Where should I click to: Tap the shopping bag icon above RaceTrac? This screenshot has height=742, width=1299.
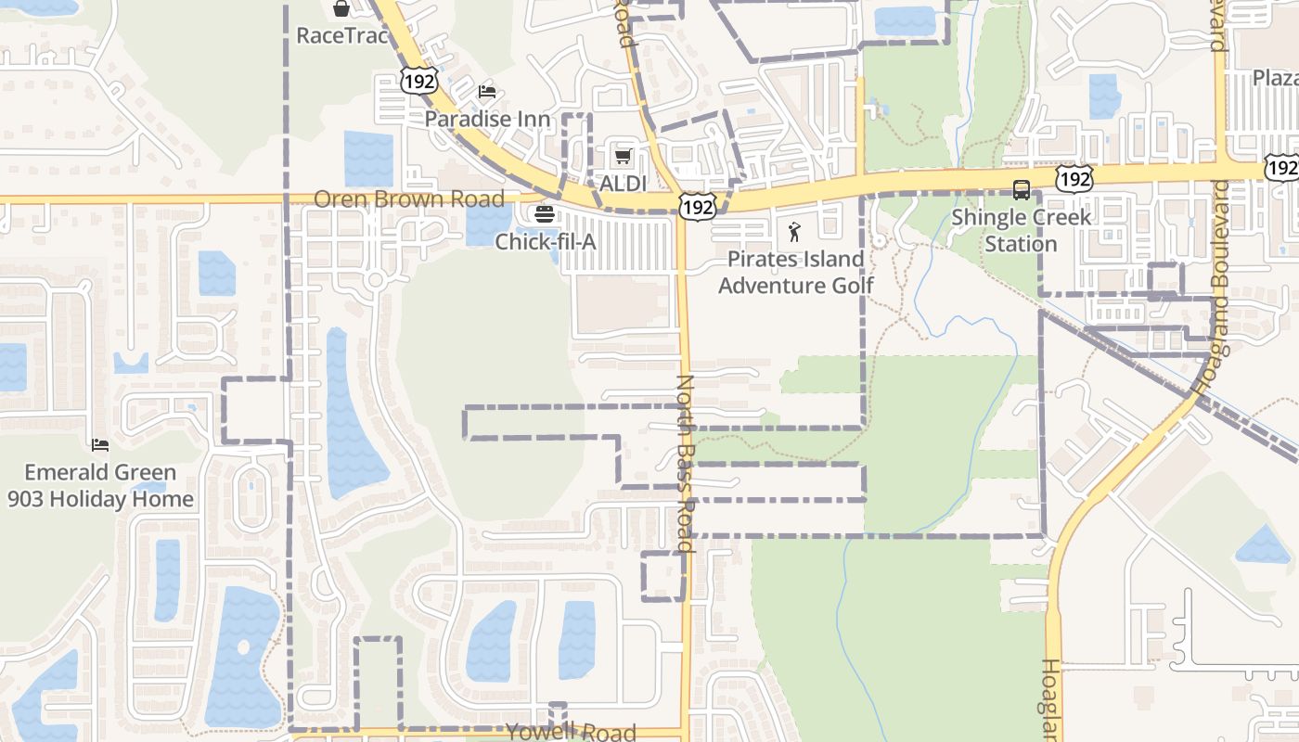[341, 9]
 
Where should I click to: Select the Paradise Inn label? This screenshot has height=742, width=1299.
[487, 119]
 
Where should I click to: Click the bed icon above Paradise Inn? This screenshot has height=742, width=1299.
[487, 92]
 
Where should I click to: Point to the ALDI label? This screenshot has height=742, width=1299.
[623, 184]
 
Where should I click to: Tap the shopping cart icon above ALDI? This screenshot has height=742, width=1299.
[624, 156]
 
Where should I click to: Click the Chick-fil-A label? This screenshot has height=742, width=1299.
[545, 242]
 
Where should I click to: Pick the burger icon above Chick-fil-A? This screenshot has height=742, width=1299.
[545, 214]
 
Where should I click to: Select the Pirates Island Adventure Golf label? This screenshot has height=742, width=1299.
[795, 272]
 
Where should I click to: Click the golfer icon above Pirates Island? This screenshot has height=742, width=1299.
[794, 232]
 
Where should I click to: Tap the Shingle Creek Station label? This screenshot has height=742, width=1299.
[1021, 231]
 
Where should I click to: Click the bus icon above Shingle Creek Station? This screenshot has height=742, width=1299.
[1022, 190]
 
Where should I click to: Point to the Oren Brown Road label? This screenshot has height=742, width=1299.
[409, 198]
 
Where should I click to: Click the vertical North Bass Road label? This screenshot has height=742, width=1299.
[686, 464]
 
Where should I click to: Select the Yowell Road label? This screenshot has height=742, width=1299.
[571, 732]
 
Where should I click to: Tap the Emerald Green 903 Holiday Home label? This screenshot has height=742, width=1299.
[100, 485]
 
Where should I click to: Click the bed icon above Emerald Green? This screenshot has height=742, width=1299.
[100, 446]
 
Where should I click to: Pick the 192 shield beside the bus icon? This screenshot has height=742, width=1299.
[1074, 178]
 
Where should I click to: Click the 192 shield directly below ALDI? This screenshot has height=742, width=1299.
[696, 206]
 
